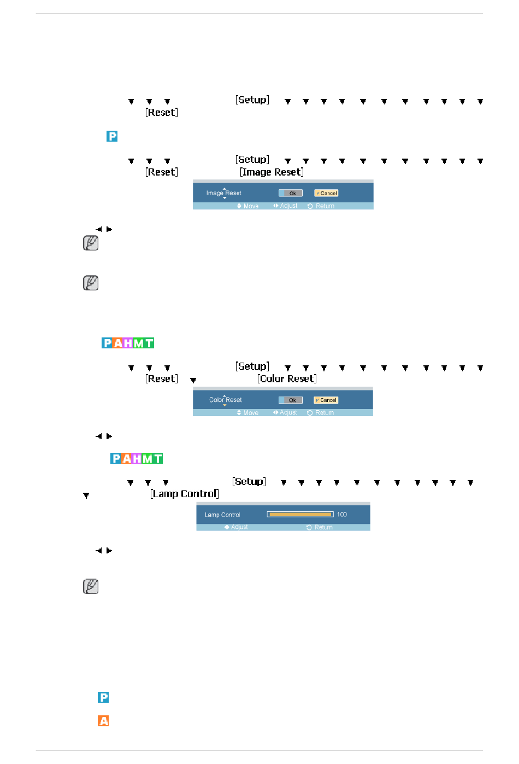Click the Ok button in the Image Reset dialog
[291, 193]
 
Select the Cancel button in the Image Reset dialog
[326, 193]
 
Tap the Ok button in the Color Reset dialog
[291, 400]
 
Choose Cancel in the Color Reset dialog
[326, 400]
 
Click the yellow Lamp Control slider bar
[300, 515]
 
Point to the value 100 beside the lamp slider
[342, 515]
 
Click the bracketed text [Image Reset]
[272, 172]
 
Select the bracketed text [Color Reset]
[287, 379]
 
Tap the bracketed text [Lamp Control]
[185, 494]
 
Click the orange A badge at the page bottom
[103, 721]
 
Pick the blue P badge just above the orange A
[103, 697]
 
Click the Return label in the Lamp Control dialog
[323, 528]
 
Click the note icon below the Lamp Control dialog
[91, 586]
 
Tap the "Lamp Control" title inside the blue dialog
[222, 515]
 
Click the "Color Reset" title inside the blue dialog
[226, 400]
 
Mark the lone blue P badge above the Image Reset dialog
[112, 136]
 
